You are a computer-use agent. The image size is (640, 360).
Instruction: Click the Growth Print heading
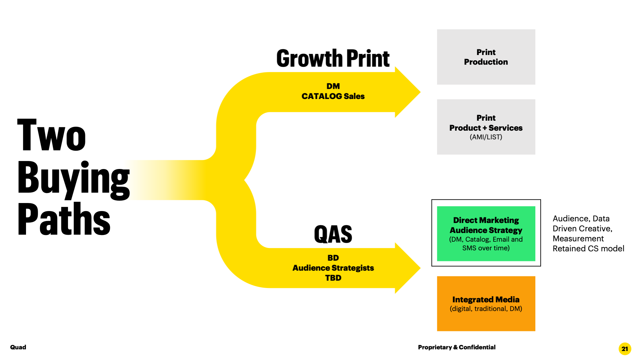(333, 59)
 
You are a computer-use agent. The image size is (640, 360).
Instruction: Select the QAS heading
(333, 234)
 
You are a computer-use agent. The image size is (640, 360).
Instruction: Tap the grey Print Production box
(486, 57)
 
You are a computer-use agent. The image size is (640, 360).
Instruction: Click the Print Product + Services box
(486, 127)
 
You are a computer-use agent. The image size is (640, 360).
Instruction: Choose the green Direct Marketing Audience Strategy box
(486, 233)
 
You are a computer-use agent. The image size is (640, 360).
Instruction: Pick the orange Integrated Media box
(486, 303)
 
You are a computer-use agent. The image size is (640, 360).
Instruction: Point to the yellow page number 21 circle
(625, 349)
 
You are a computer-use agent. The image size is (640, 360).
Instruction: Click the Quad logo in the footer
(18, 347)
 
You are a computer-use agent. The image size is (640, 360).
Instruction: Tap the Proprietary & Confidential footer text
(456, 347)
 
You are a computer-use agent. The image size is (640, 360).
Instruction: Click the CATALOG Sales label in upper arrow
(333, 96)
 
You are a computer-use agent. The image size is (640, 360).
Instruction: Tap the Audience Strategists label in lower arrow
(333, 268)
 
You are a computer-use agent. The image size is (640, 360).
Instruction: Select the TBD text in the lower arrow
(333, 278)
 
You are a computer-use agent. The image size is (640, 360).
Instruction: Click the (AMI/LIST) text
(486, 137)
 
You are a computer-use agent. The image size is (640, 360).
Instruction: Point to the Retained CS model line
(588, 249)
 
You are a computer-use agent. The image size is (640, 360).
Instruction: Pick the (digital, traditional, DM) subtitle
(486, 309)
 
